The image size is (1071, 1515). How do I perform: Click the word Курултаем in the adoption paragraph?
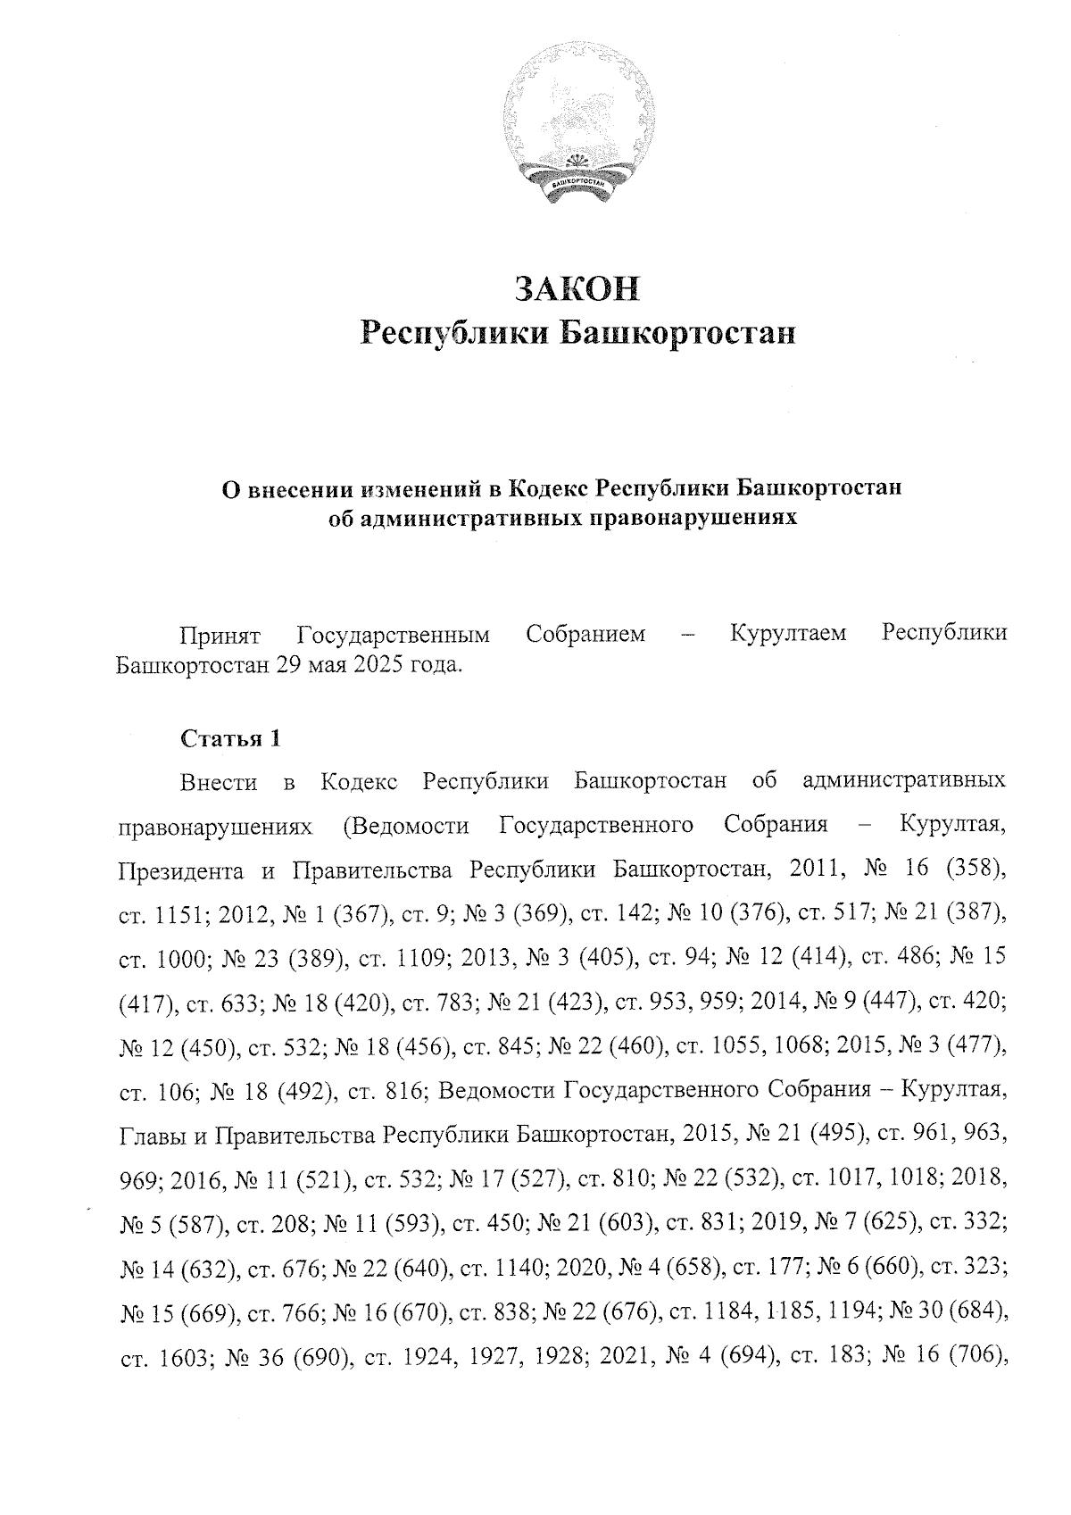tap(788, 635)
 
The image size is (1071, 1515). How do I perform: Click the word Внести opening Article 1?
tap(219, 783)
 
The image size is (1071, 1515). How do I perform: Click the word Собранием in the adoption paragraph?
tap(585, 635)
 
